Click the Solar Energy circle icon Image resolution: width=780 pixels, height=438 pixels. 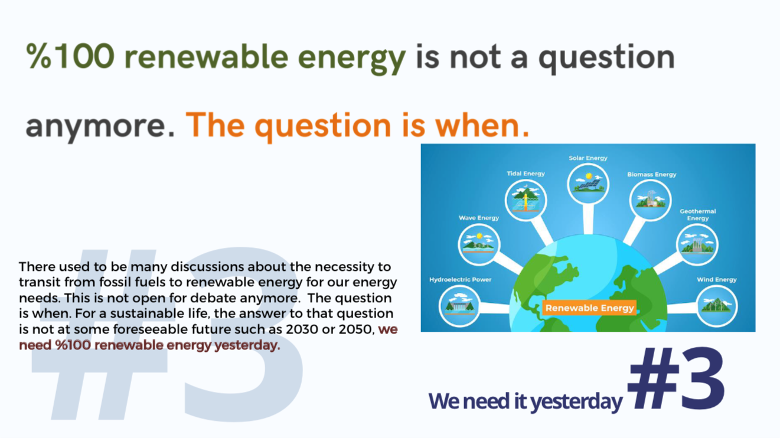588,184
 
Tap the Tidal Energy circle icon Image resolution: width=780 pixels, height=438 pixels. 526,200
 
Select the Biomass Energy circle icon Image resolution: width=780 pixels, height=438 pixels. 651,200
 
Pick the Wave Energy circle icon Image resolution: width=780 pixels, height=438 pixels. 479,244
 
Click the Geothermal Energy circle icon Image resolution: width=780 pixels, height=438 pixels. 697,244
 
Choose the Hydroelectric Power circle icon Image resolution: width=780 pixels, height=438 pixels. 459,306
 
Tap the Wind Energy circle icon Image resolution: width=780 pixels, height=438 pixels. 717,306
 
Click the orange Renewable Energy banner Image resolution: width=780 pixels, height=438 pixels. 589,308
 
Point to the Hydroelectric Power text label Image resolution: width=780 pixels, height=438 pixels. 460,280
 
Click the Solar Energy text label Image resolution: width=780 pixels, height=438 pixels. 588,158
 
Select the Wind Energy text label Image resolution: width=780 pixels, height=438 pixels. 717,280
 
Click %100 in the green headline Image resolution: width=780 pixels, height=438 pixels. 70,56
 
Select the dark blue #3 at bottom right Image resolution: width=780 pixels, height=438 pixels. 676,378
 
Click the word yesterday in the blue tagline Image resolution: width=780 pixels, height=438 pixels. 576,401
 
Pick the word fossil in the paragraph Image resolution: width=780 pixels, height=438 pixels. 115,282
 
